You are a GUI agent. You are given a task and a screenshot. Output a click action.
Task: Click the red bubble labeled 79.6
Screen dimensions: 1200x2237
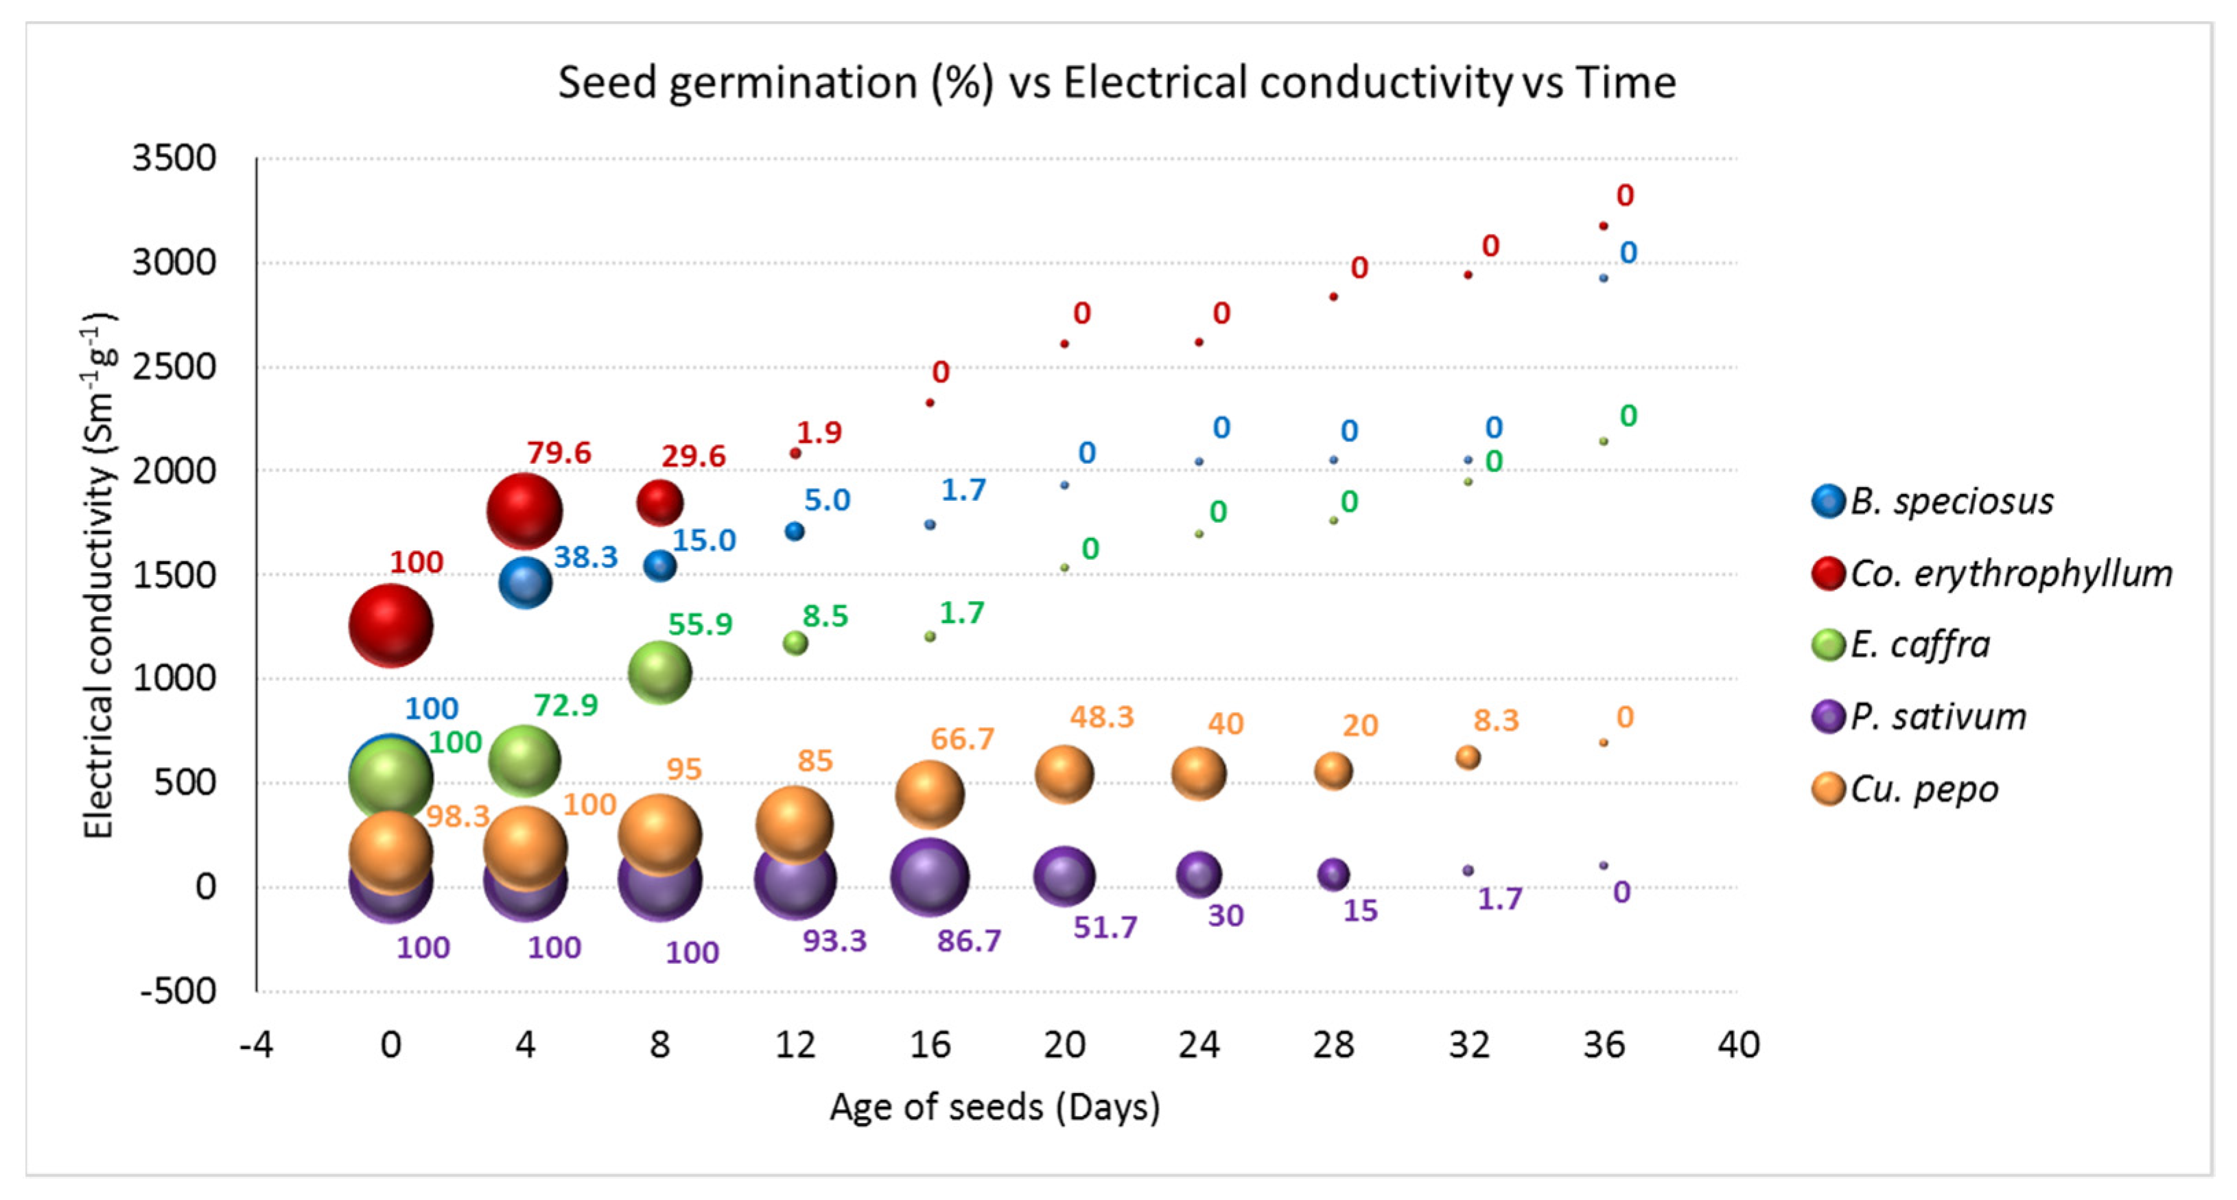[524, 510]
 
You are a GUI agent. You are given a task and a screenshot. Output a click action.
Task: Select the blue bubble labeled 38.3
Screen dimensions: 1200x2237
[526, 582]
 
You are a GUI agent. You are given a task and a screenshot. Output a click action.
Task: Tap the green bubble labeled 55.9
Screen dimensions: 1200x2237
[659, 672]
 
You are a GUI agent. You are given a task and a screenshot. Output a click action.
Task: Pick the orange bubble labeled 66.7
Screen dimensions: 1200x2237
[929, 794]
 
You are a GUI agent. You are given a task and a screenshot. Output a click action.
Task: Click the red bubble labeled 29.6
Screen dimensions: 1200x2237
[660, 502]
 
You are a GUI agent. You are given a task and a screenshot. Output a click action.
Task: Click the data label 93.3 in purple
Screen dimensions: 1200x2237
[834, 941]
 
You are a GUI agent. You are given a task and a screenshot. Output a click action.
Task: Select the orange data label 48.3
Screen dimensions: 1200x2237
[1101, 717]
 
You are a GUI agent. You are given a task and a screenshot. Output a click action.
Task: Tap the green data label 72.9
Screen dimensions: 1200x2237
[565, 705]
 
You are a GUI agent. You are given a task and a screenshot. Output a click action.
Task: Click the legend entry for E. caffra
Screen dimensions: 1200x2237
[1919, 645]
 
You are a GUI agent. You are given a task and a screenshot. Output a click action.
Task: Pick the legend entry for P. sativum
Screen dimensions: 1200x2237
[1937, 717]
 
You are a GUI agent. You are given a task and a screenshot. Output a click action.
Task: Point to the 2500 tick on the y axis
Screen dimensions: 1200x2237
[174, 366]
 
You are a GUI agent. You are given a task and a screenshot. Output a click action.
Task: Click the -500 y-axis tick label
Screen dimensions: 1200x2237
[178, 991]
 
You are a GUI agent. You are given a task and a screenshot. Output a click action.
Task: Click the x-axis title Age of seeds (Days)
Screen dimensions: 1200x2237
[994, 1108]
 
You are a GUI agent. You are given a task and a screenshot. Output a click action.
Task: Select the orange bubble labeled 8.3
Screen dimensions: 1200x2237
[1468, 757]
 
